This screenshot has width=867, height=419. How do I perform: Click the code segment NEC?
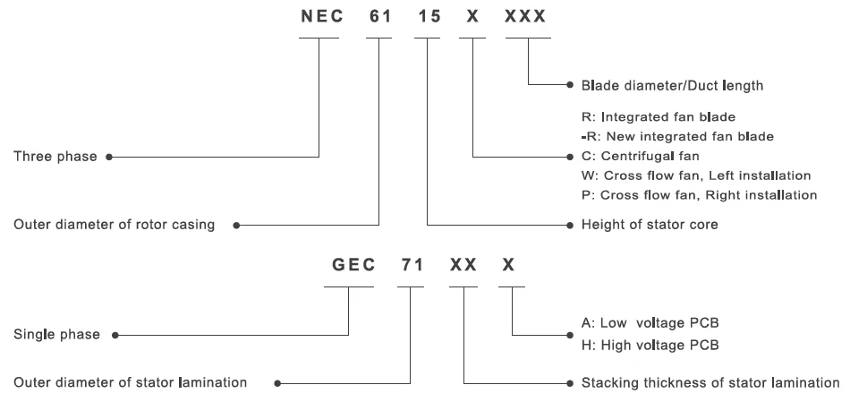(x=322, y=17)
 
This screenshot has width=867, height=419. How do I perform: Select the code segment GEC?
(x=353, y=265)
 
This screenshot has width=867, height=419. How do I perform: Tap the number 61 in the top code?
(x=380, y=17)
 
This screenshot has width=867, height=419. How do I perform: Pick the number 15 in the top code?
(x=429, y=17)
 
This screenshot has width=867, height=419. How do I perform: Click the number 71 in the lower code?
(x=412, y=265)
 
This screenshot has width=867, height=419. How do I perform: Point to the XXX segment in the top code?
(x=525, y=17)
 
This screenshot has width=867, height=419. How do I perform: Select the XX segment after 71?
(x=463, y=265)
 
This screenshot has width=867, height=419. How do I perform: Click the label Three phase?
(x=55, y=157)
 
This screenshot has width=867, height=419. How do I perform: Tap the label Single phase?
(x=57, y=334)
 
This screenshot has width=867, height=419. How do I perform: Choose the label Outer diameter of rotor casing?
(x=114, y=225)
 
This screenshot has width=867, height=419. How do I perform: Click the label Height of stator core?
(x=650, y=225)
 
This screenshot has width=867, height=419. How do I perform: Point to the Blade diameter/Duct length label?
(x=672, y=85)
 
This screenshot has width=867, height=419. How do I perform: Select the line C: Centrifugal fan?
(x=641, y=156)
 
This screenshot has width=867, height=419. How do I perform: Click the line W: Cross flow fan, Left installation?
(x=696, y=175)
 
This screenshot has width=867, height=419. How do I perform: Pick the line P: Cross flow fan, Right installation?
(x=699, y=195)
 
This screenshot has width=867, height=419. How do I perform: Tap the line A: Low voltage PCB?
(x=650, y=322)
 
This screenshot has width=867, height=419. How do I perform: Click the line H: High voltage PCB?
(x=650, y=346)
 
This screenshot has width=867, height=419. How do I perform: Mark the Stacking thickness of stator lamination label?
(x=710, y=382)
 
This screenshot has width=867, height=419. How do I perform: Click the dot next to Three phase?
(x=109, y=158)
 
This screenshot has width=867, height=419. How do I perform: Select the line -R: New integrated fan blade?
(x=677, y=136)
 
